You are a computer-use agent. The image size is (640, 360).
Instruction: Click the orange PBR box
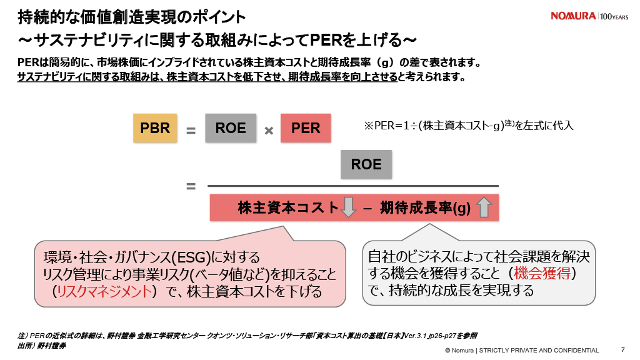155,128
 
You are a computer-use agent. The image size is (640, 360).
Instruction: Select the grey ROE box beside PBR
231,128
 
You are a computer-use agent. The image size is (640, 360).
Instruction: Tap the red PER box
306,128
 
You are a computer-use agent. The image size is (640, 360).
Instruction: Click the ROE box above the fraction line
366,164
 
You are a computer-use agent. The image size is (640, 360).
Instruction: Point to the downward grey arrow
348,207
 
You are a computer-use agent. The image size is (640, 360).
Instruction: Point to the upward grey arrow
484,207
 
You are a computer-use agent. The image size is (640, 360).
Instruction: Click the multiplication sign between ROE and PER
269,131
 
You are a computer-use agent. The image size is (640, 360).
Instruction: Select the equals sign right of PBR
191,131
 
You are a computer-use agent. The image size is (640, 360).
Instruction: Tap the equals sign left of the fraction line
191,186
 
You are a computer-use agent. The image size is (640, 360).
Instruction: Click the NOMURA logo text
573,16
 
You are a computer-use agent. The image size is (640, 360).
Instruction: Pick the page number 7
622,349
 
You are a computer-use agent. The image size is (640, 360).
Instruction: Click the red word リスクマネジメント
104,291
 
